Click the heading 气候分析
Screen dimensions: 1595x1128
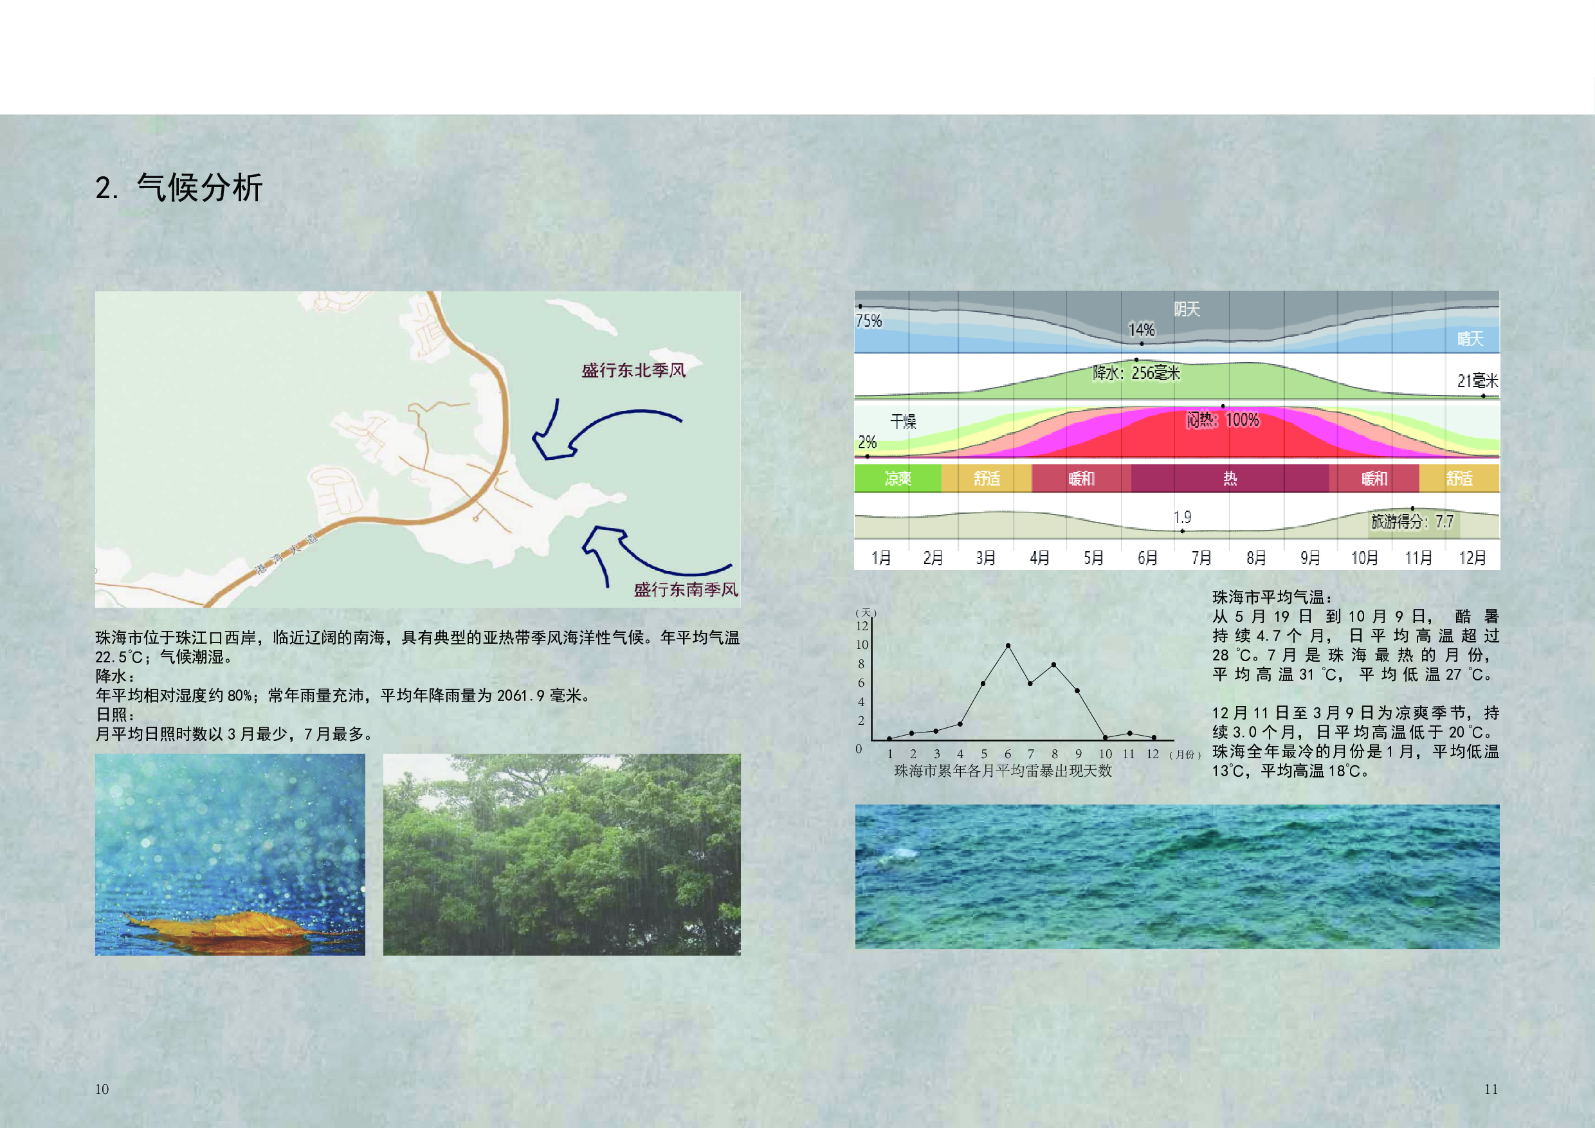[200, 188]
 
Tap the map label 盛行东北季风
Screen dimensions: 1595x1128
[633, 370]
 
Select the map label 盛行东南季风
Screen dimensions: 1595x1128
[686, 590]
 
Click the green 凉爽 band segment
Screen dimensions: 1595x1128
[898, 478]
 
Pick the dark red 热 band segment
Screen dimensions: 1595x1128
[1230, 478]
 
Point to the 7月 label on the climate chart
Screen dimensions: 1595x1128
[1202, 558]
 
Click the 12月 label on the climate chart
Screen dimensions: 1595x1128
[1472, 558]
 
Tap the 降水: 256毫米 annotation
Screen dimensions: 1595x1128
[1136, 373]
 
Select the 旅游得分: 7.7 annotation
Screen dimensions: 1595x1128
[1412, 522]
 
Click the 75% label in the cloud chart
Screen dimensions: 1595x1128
[869, 321]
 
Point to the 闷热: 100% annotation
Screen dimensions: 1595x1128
[1223, 419]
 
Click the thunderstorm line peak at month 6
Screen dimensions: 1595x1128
[1008, 646]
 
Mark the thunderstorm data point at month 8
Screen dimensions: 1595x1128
[1055, 665]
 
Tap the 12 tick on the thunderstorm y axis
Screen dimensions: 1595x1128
[862, 626]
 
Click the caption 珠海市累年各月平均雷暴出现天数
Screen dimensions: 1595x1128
[1003, 771]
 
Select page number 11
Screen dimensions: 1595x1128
[1491, 1089]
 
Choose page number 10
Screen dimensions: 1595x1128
[102, 1089]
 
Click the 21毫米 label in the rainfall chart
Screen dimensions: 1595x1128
[1477, 381]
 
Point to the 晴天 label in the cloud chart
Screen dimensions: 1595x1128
[1471, 339]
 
